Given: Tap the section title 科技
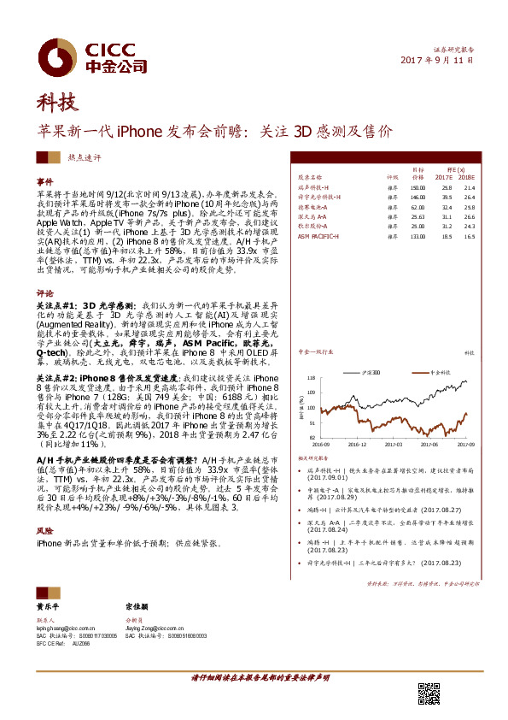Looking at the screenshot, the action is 56,103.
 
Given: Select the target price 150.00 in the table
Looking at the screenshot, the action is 417,186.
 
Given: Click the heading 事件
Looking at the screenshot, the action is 44,183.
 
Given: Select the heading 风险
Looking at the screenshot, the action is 44,530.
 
